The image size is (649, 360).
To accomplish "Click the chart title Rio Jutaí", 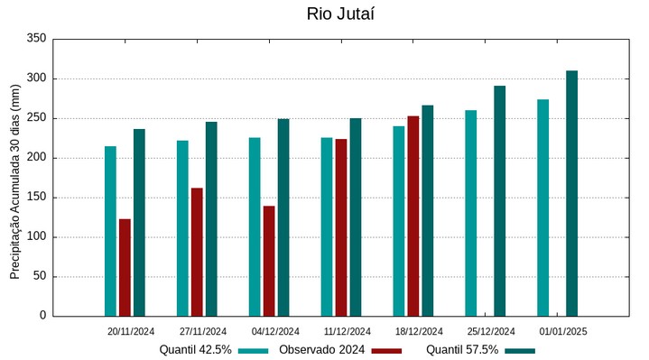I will (x=340, y=14).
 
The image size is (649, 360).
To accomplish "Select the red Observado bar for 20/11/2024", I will (x=125, y=267).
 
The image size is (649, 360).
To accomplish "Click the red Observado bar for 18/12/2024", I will (x=413, y=216).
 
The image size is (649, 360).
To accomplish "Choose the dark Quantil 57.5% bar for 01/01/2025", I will (x=571, y=193).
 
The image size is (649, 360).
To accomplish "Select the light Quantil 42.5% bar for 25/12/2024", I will (x=471, y=213).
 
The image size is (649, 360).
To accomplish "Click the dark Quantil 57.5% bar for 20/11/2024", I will (x=139, y=222).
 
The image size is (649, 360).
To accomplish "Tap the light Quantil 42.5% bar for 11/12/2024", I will (x=327, y=226).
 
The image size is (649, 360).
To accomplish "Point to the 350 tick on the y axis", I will (x=36, y=39).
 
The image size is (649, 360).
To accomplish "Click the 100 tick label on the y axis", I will (x=36, y=237).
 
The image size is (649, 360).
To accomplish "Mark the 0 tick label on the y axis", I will (x=42, y=316).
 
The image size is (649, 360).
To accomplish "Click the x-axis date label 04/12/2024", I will (x=275, y=331).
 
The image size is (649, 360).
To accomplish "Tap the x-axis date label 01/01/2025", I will (x=563, y=331).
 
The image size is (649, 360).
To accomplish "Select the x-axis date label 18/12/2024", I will (x=419, y=331).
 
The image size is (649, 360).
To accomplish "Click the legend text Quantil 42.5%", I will (x=196, y=349).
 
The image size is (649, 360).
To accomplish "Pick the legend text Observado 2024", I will (x=322, y=349).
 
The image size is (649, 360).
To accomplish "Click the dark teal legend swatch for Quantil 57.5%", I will (x=520, y=350).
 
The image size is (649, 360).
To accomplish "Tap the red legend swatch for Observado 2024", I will (x=386, y=350).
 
